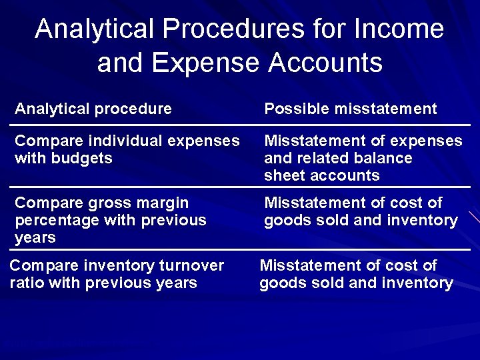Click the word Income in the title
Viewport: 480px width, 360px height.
click(399, 29)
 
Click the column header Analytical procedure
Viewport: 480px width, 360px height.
click(93, 109)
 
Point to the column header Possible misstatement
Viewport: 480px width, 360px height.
click(351, 109)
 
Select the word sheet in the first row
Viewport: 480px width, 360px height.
click(283, 176)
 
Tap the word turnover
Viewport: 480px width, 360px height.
click(192, 265)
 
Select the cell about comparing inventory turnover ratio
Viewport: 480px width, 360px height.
click(117, 274)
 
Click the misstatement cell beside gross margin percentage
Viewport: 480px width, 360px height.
click(361, 211)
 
